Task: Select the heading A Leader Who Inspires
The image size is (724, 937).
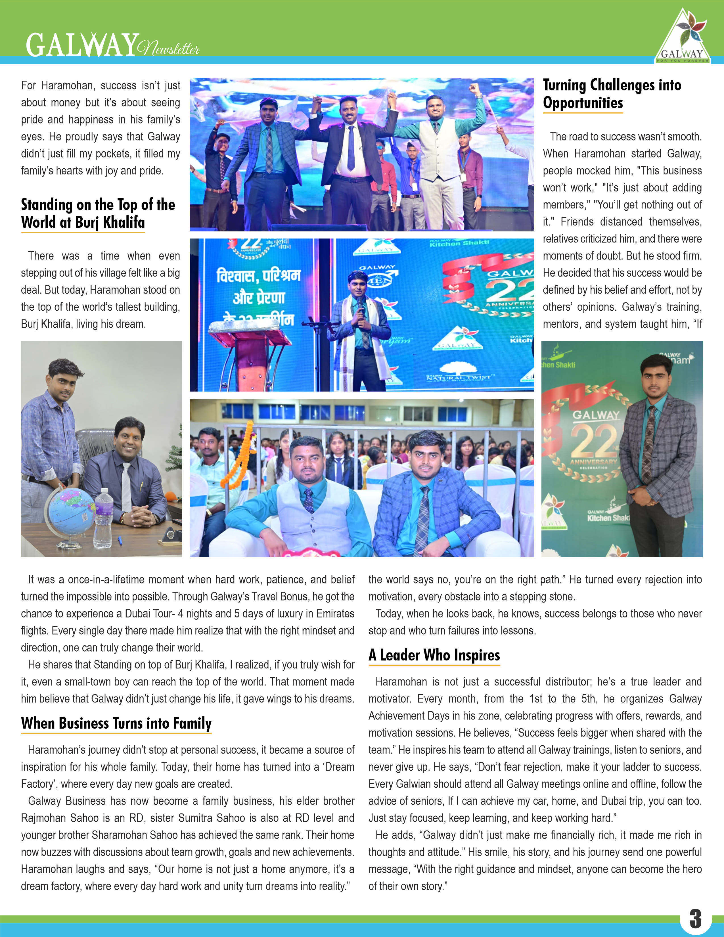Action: pyautogui.click(x=434, y=655)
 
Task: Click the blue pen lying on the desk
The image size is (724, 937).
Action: pyautogui.click(x=120, y=540)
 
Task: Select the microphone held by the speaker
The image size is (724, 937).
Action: pyautogui.click(x=361, y=306)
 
